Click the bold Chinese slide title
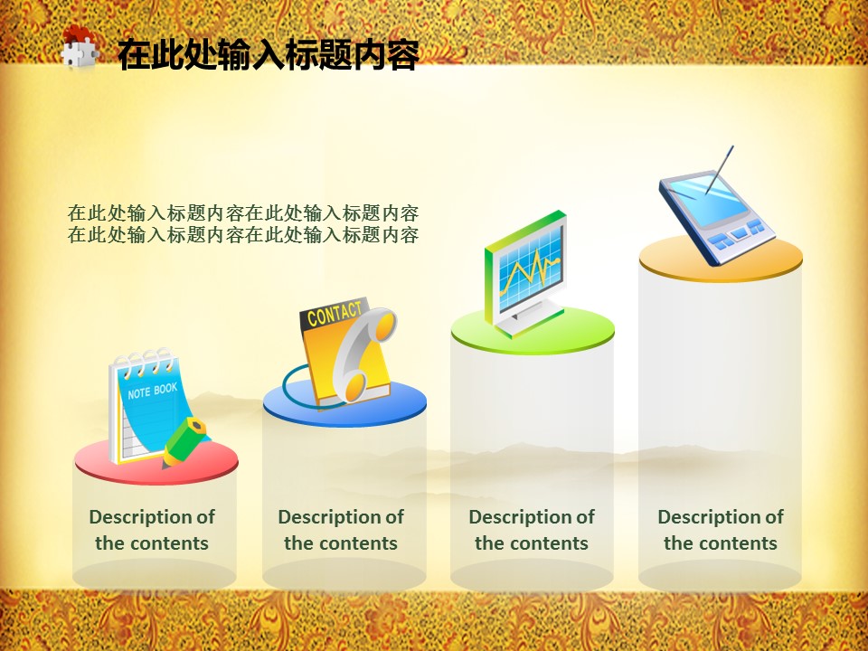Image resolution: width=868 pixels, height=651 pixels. tap(268, 54)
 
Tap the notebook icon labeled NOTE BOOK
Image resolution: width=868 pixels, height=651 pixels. tap(152, 407)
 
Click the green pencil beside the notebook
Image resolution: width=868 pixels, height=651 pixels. tap(184, 442)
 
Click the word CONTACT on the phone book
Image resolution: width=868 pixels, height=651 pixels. tap(335, 314)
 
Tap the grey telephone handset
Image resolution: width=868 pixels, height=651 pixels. tap(363, 354)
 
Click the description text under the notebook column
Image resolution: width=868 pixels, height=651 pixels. tap(152, 530)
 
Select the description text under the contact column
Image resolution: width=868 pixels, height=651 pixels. tap(341, 530)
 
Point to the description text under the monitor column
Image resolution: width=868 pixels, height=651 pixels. tap(532, 530)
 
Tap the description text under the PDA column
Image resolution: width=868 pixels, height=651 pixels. tap(721, 530)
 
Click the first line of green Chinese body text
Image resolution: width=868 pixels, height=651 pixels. tap(243, 213)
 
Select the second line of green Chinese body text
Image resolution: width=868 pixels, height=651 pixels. tap(243, 235)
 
